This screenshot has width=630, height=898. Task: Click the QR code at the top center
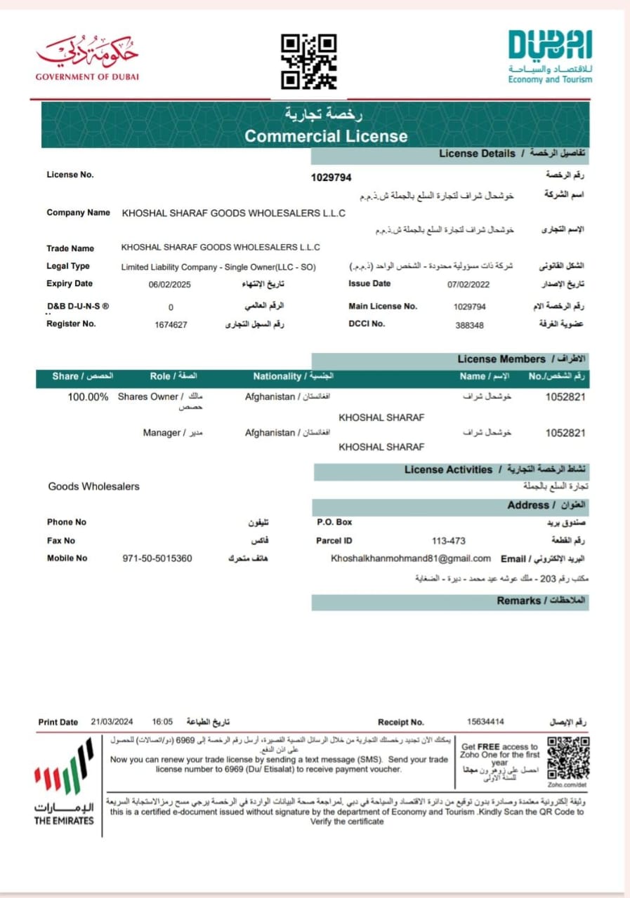tap(308, 61)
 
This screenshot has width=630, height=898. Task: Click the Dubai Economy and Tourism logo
tap(550, 56)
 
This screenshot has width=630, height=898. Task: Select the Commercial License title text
tap(326, 136)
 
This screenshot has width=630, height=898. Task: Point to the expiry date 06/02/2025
tap(169, 284)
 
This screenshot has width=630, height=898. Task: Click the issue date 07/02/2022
tap(468, 284)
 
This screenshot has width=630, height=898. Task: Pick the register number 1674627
tap(171, 324)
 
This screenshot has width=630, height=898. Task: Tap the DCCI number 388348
tap(469, 325)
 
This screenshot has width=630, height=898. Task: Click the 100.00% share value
tap(88, 397)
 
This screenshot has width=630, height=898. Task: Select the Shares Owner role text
tap(149, 397)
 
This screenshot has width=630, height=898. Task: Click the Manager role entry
tap(162, 433)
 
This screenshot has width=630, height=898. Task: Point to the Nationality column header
tap(277, 377)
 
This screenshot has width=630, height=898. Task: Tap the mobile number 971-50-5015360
tap(157, 558)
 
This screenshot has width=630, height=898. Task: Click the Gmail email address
tap(410, 558)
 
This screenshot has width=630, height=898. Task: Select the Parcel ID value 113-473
tap(448, 541)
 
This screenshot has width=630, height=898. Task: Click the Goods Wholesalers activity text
tap(93, 486)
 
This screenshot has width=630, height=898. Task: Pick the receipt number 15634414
tap(485, 722)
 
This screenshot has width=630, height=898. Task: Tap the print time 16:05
tap(162, 722)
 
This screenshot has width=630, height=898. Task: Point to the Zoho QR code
tap(568, 758)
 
